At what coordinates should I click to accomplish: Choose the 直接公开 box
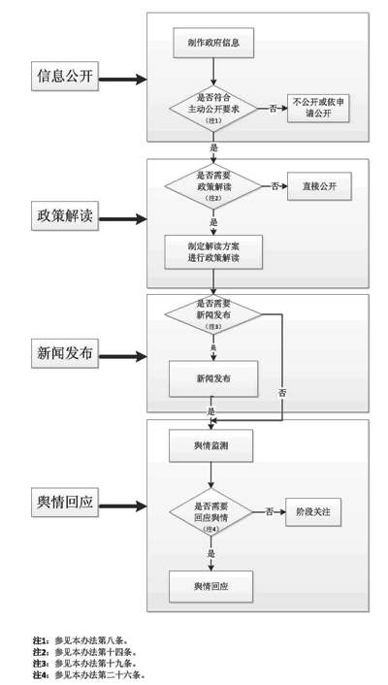[x=319, y=185]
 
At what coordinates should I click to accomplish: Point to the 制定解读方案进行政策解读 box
[x=213, y=252]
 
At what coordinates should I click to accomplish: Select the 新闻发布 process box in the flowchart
[x=213, y=375]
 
